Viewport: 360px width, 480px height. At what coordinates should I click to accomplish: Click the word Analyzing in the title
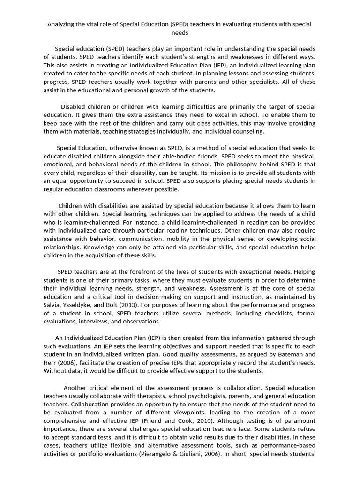(x=63, y=24)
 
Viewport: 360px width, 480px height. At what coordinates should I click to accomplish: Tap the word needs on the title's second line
(x=180, y=33)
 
